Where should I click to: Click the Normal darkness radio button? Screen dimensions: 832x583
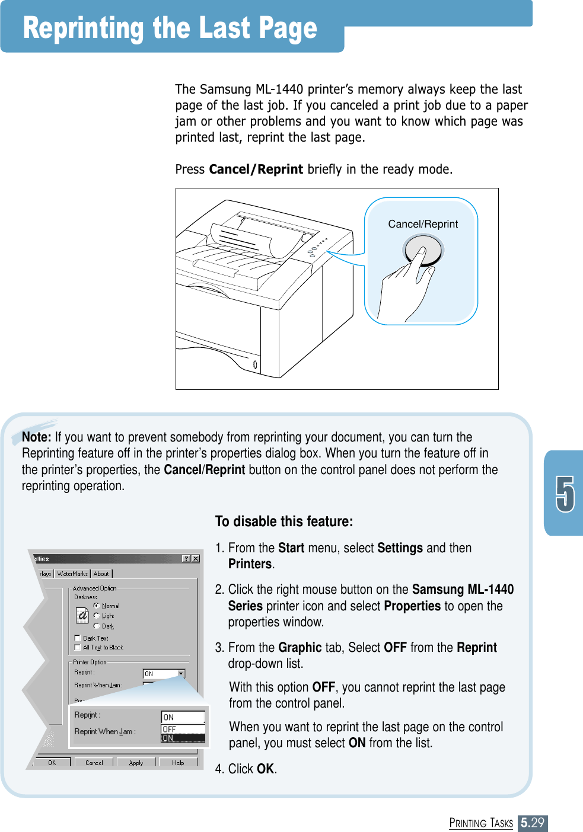click(x=97, y=606)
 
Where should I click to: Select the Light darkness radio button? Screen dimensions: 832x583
click(x=97, y=616)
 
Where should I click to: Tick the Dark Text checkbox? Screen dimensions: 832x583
click(x=78, y=638)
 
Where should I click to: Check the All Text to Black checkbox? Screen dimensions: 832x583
click(x=78, y=647)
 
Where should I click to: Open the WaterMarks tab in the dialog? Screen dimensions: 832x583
click(x=72, y=574)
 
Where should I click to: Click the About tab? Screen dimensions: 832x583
click(x=101, y=574)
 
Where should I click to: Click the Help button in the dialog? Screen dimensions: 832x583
click(x=178, y=763)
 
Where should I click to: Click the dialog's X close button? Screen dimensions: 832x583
click(x=196, y=559)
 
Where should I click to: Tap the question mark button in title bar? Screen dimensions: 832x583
click(x=186, y=559)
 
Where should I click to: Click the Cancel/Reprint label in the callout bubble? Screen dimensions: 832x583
click(x=423, y=224)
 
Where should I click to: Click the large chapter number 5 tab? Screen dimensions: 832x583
click(x=565, y=494)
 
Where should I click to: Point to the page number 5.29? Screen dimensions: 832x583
click(x=532, y=823)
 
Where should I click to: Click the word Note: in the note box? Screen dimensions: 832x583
click(x=36, y=437)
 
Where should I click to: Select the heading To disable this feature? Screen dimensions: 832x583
click(x=283, y=521)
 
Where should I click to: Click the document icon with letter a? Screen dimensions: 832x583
click(x=82, y=616)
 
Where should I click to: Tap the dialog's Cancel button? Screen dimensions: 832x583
click(x=94, y=763)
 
